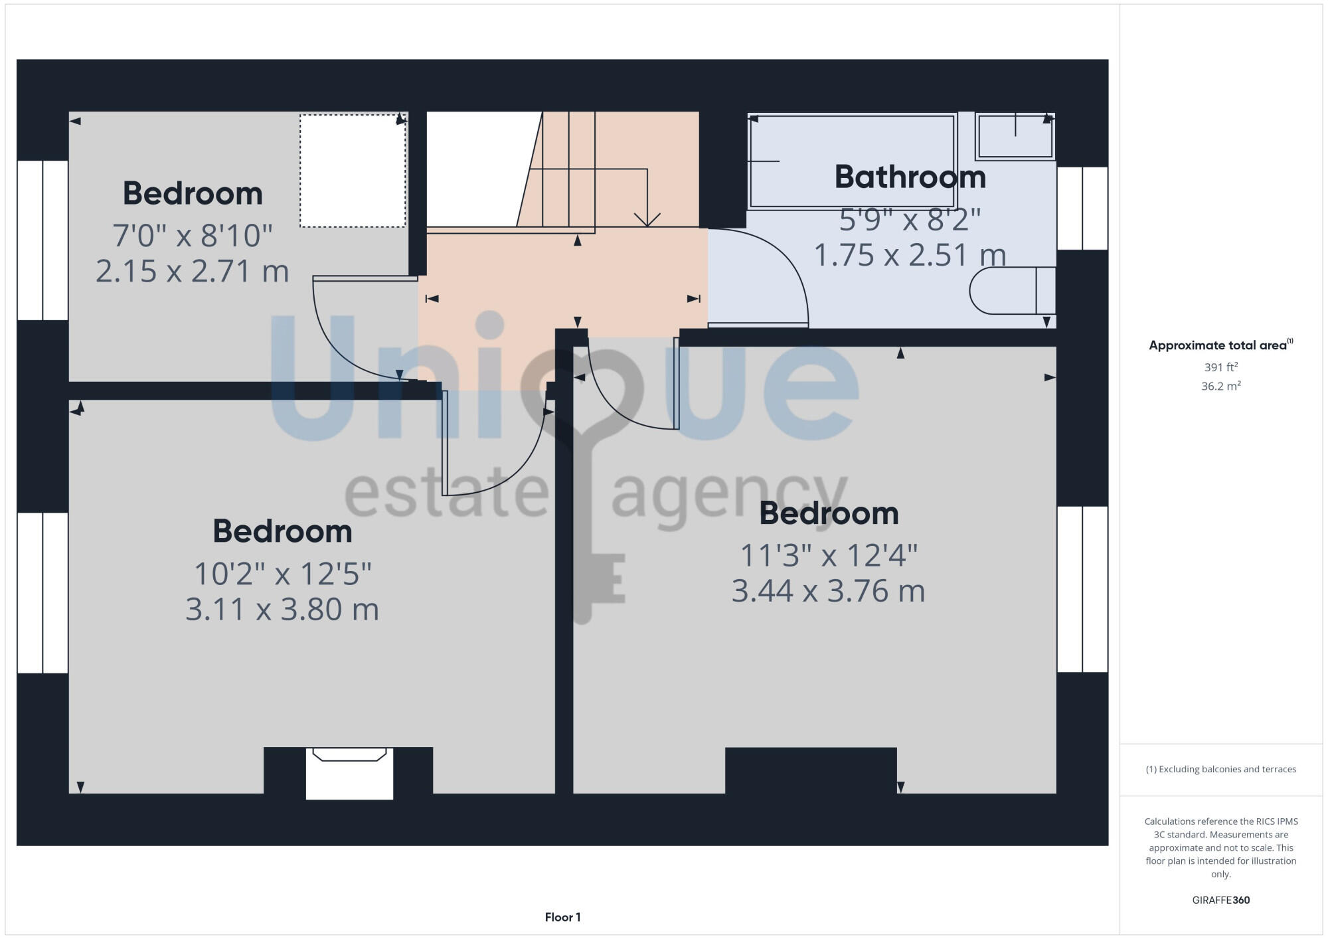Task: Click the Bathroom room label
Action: point(910,177)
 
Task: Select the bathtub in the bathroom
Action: point(851,161)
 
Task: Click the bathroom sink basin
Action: point(1015,137)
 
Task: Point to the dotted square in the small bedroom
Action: point(353,171)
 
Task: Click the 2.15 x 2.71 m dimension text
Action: point(193,272)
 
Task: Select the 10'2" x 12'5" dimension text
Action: point(282,574)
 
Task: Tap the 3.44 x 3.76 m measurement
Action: point(828,591)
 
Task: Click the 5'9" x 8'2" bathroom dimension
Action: point(910,219)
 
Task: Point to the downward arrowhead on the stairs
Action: point(647,220)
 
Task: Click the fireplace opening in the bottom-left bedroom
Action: point(349,774)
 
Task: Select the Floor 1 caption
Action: point(562,917)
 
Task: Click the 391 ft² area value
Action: point(1220,367)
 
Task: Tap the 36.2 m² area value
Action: point(1220,386)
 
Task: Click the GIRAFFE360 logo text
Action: point(1220,900)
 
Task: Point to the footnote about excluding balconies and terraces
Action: point(1220,769)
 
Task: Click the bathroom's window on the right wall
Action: point(1082,208)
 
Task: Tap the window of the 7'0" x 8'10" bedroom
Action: point(42,240)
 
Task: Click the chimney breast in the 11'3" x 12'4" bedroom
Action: point(810,770)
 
